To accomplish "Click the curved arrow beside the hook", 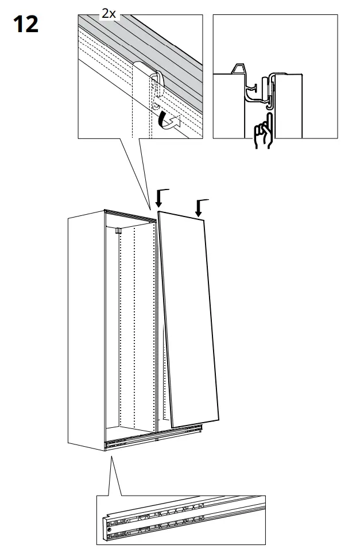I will (x=169, y=121).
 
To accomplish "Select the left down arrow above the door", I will (x=160, y=199).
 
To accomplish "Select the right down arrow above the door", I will (x=200, y=207).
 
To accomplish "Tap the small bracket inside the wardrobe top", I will (x=117, y=231).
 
